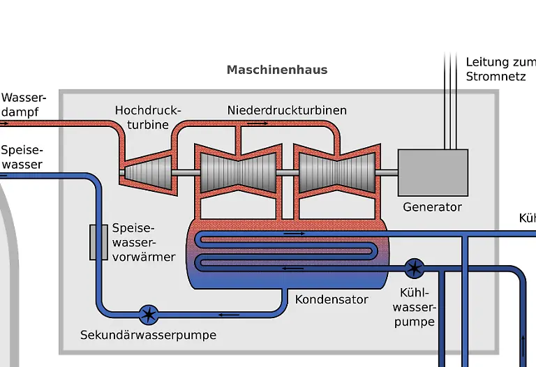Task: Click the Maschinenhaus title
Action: click(x=277, y=70)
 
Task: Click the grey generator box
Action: click(x=433, y=172)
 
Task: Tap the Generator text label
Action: click(x=433, y=207)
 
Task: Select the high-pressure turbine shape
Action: click(x=150, y=172)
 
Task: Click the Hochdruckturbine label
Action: click(x=147, y=117)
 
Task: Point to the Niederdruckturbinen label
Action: click(x=287, y=110)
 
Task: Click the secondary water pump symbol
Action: click(x=148, y=314)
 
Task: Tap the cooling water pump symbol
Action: click(x=414, y=267)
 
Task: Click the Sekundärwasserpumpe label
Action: click(x=148, y=335)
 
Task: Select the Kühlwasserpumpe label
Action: click(x=414, y=307)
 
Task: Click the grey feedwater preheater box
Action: click(x=98, y=243)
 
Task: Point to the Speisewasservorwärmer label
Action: click(x=143, y=243)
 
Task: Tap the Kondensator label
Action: click(x=332, y=299)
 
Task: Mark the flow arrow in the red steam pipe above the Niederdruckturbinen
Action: click(x=257, y=123)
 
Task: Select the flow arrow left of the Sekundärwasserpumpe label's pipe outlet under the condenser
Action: click(x=230, y=314)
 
